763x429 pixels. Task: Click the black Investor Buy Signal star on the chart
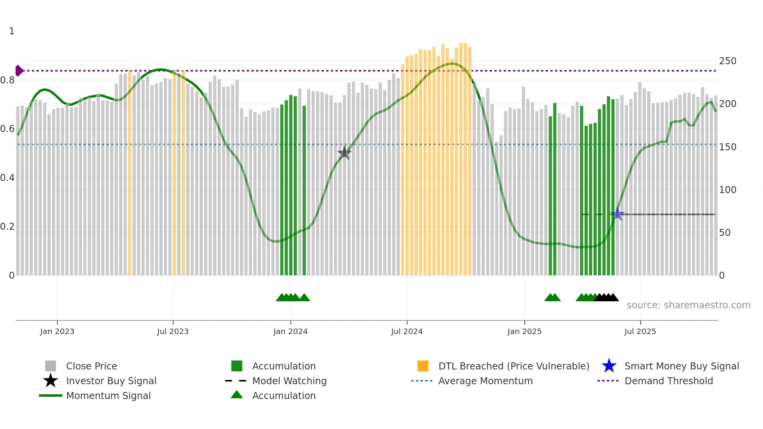coord(344,153)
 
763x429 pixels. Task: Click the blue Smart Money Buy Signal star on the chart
coord(617,214)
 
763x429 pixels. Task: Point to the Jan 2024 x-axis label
coord(290,331)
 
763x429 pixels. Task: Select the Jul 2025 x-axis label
coord(640,331)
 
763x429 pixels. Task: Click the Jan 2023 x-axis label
coord(57,331)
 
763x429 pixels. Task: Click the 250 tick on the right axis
coord(728,61)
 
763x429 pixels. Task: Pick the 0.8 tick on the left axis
coord(7,80)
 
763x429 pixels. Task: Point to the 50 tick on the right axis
coord(724,233)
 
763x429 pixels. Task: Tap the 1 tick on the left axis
coord(12,31)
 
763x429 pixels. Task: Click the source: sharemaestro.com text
coord(688,305)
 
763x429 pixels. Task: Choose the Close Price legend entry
coord(91,366)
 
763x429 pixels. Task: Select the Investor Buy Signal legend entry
coord(111,381)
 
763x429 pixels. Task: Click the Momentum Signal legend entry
coord(108,396)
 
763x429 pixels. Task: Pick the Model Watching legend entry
coord(289,381)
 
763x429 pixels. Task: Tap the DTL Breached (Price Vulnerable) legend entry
coord(513,366)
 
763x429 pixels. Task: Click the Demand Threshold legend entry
coord(668,381)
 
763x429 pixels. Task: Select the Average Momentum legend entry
coord(485,381)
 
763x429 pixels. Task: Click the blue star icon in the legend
coord(609,366)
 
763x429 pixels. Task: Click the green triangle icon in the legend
coord(237,395)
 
